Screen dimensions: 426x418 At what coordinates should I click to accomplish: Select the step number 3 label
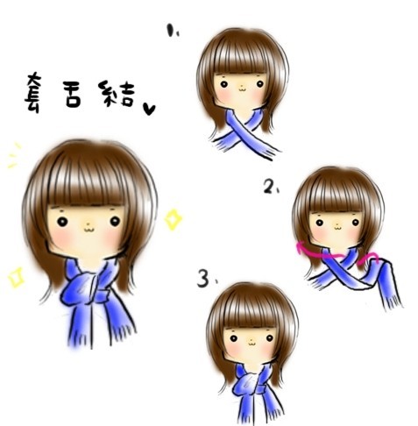[203, 280]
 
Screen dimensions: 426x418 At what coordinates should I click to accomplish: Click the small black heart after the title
[149, 109]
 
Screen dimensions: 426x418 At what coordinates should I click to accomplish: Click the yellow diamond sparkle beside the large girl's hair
[173, 218]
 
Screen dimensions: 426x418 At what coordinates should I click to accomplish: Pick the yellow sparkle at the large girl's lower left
[15, 277]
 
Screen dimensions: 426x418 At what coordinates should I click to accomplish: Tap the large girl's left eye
[64, 222]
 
